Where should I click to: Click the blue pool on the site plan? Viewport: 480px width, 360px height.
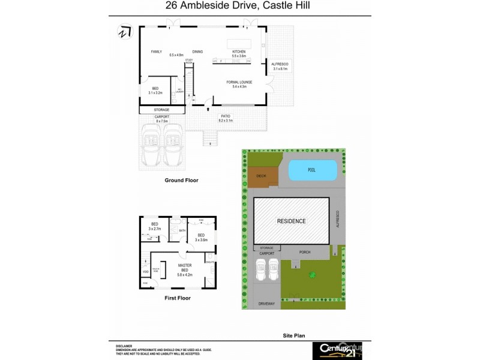pos(311,170)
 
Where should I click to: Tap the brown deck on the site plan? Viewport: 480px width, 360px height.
pos(261,176)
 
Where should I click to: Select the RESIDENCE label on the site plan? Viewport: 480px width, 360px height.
pos(291,221)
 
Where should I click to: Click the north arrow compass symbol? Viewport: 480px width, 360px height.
pos(124,31)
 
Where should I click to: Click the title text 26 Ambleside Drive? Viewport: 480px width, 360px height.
pos(239,7)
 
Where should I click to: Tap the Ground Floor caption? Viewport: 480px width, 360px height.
pos(181,180)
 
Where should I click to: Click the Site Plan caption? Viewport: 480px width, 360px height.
pos(295,337)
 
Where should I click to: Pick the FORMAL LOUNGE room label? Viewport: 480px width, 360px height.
pos(239,82)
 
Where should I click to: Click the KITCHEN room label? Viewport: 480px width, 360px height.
pos(239,52)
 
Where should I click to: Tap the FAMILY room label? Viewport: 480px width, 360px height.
pos(157,52)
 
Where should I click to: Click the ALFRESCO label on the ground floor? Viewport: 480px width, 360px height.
pos(280,64)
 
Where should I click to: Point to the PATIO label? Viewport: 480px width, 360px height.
pos(226,116)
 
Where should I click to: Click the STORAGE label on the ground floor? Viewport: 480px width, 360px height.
pos(161,110)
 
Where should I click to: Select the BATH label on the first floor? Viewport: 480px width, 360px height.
pos(181,230)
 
